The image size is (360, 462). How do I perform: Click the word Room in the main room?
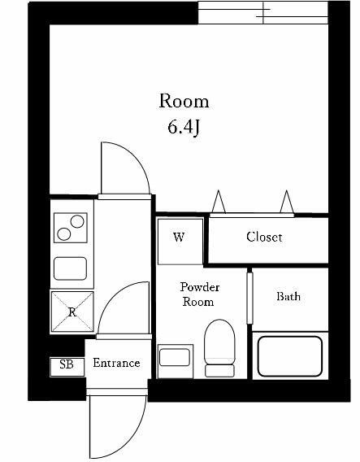click(183, 102)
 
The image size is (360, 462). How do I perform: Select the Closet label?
click(264, 238)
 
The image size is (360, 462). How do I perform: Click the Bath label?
click(288, 297)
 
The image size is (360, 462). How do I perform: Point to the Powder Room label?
click(200, 294)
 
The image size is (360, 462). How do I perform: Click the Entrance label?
click(116, 363)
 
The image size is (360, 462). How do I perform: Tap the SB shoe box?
click(67, 365)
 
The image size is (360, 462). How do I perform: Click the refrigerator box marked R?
click(72, 312)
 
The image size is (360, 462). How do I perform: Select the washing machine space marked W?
click(179, 238)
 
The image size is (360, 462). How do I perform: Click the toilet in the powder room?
click(219, 347)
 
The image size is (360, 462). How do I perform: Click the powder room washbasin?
click(175, 357)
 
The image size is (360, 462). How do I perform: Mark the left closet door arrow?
click(219, 200)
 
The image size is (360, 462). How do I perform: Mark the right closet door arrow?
click(286, 200)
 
